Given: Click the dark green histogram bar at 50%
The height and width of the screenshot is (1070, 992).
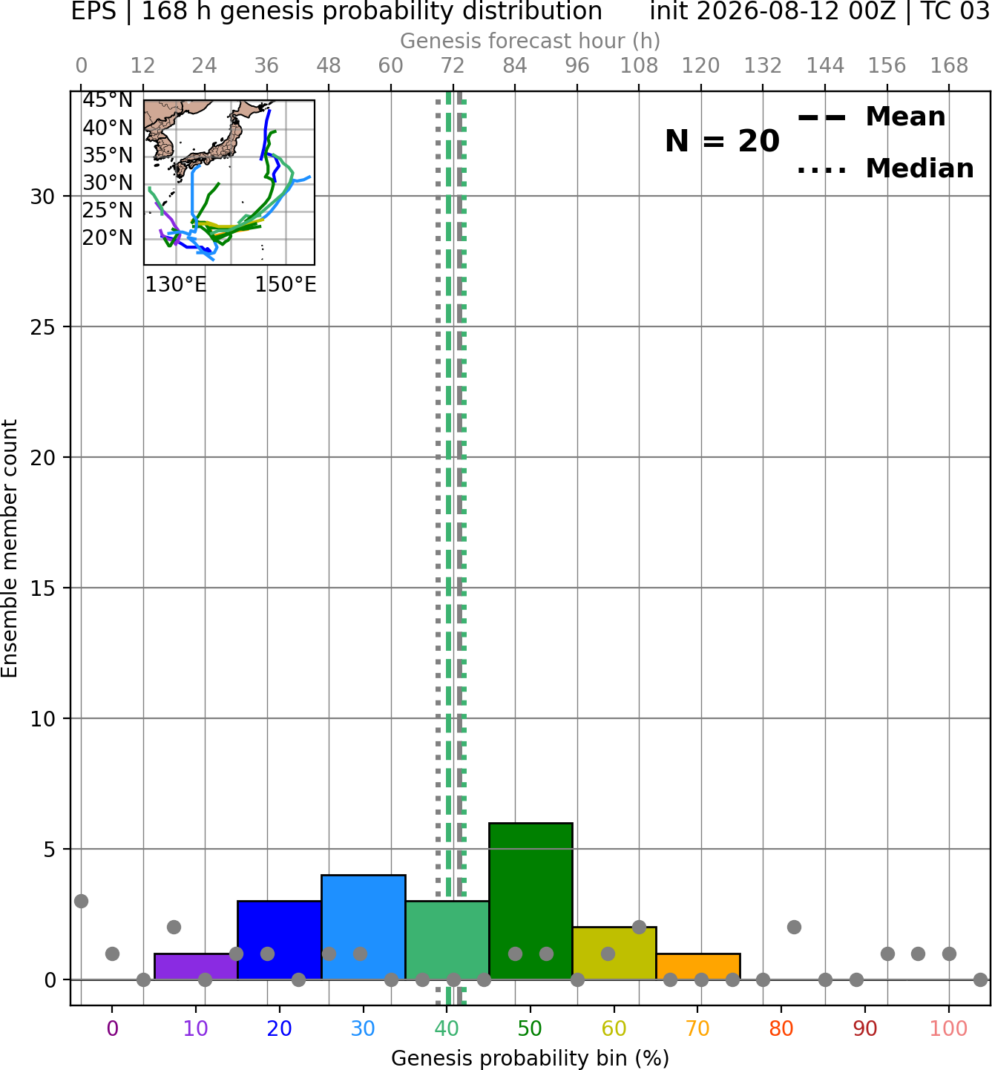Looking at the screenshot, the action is point(531,902).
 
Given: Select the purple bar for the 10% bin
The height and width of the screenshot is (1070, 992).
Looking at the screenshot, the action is point(196,967).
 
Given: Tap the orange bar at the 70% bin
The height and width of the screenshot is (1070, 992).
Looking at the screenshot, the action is point(698,967).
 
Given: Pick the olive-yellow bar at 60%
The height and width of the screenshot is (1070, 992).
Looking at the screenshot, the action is point(614,953).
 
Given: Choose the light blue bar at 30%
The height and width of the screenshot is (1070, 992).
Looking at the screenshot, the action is point(363,928).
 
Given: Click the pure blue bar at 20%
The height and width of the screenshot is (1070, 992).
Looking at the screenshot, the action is point(280,940).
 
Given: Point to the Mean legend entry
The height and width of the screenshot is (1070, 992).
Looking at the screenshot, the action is point(871,117).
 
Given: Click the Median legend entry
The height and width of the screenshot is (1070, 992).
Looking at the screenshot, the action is point(885,168).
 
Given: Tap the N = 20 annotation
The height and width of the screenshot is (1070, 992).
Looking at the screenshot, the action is point(722,141).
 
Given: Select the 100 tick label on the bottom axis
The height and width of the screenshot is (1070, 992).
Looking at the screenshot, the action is point(949,1028).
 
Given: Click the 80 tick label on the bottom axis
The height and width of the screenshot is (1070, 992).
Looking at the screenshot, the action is point(781,1028).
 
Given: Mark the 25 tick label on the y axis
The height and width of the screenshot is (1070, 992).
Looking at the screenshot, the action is point(43,327).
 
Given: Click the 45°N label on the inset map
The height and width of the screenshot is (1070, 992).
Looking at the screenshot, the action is point(108,100).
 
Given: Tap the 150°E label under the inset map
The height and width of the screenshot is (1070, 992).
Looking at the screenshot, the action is point(286,284).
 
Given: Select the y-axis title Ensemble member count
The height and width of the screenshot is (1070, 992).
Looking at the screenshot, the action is point(9,548).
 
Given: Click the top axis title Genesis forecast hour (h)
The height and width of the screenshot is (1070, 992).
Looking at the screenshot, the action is point(531,41).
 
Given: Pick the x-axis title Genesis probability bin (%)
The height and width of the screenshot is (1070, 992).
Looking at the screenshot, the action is point(531,1058).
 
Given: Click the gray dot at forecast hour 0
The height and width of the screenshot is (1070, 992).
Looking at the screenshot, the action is point(81,901).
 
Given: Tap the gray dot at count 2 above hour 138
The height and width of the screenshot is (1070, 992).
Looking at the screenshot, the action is point(794,928).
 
